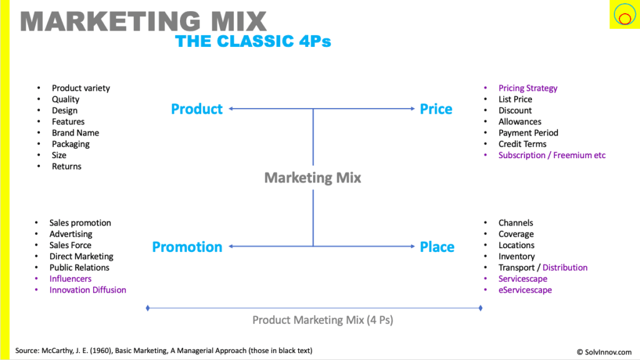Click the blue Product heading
point(197,109)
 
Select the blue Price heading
point(436,109)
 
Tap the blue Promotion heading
point(187,246)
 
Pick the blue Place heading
point(437,246)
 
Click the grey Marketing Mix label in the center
point(312,177)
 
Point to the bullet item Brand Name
point(76,132)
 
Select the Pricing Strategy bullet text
point(527,88)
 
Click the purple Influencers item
point(71,279)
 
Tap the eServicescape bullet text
point(525,290)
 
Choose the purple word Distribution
point(565,267)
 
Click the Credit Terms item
point(522,144)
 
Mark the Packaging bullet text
point(71,144)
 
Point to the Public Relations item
point(79,267)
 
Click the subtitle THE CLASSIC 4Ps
point(253,41)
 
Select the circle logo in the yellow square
point(624,15)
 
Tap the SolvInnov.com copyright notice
point(604,352)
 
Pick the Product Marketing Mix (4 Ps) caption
point(323,320)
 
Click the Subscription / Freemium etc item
point(552,155)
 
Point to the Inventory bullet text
point(516,256)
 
